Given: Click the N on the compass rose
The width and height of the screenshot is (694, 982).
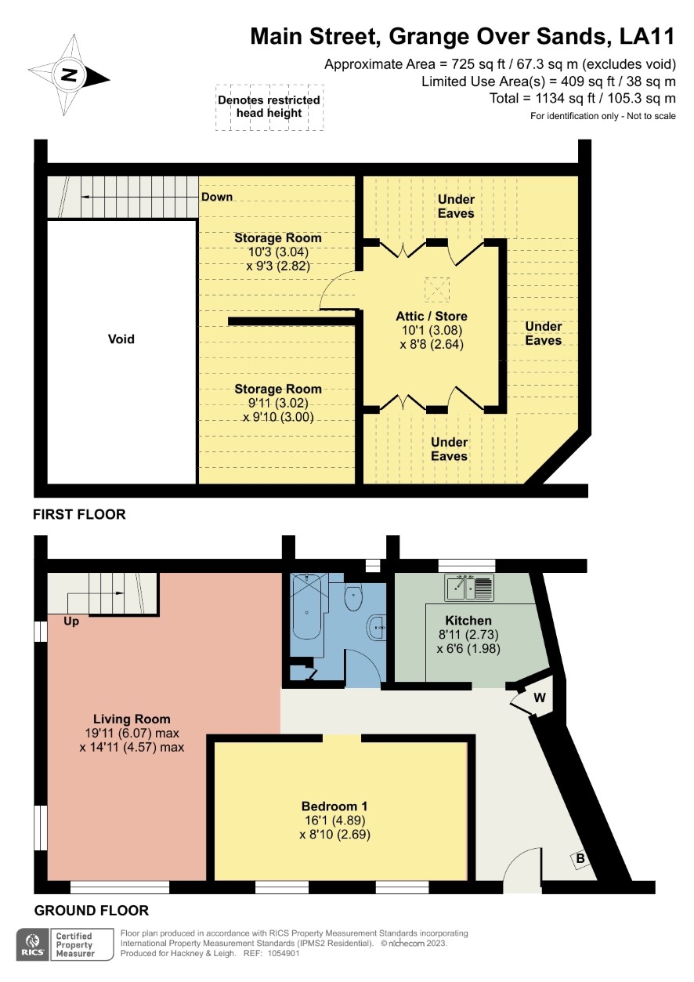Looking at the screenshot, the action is point(68,74).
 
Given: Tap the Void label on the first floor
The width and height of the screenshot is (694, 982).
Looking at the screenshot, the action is point(121,339).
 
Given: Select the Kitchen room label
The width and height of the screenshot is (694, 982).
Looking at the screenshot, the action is point(468,621).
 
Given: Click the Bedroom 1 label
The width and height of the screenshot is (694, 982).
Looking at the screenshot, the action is point(334,806).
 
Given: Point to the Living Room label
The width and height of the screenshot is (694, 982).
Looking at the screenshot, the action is point(132,719).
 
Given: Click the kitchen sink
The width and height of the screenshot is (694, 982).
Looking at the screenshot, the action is point(469,588).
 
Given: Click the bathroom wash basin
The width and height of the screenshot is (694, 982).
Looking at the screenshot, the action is point(376,627).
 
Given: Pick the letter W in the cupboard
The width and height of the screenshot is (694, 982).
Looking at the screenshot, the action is point(540,698).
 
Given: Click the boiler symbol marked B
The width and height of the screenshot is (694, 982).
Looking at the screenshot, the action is point(580,858).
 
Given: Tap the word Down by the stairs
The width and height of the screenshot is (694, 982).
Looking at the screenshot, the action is point(216,197).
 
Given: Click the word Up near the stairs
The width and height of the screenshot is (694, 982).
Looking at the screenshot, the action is point(71,621).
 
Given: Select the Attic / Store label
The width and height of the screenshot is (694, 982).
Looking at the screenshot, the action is point(431,316).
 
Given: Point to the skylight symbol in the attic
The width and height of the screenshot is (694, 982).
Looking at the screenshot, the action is point(437,290).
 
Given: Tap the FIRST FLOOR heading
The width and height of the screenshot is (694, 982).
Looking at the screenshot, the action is point(79,514).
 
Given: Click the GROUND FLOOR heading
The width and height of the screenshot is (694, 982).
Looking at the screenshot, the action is point(92,911).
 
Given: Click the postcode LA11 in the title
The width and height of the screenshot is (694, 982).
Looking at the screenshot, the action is point(647,36).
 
